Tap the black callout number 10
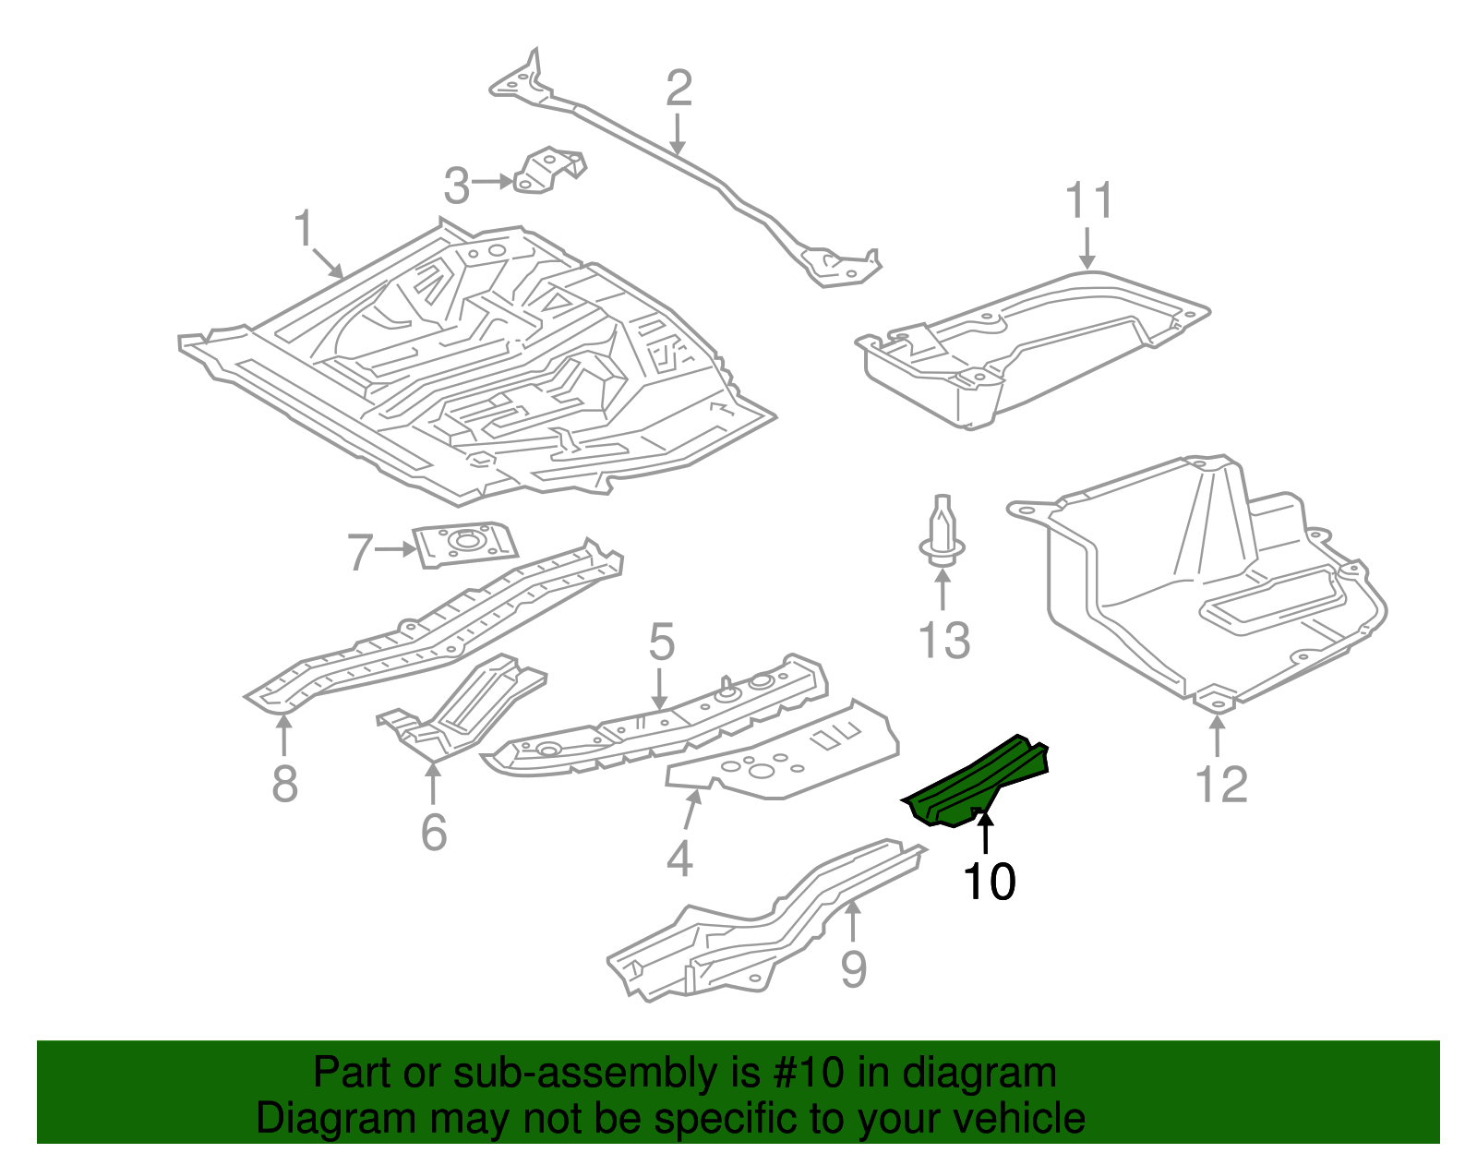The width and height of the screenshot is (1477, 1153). point(989,882)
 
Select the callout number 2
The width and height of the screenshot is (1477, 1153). point(678,89)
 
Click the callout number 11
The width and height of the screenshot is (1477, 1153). point(1089,200)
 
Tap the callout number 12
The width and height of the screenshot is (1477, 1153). point(1220,784)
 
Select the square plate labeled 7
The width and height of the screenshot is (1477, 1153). point(464,544)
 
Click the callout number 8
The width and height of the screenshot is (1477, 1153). point(284,784)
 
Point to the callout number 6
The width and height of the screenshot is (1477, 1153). point(434,832)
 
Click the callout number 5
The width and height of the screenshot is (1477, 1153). point(661,642)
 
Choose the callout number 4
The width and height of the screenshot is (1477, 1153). point(679,859)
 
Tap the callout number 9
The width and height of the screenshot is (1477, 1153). point(854,969)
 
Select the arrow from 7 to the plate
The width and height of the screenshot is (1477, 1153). point(397,549)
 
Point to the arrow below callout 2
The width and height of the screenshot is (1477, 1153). point(678,134)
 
